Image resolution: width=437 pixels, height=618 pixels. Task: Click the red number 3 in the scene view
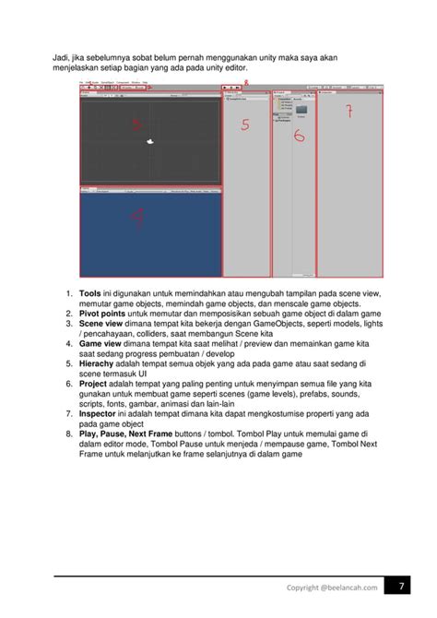click(136, 125)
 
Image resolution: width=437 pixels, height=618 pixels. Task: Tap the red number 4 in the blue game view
click(136, 218)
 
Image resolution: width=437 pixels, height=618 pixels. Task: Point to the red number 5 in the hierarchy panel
click(245, 125)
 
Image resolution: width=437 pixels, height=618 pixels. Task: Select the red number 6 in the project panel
click(299, 135)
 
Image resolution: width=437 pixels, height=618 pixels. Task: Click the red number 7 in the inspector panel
click(348, 113)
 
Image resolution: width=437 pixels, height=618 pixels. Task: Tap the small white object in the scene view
click(150, 142)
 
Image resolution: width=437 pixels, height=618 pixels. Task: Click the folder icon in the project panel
click(301, 109)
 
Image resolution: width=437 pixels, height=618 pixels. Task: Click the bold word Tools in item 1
click(89, 294)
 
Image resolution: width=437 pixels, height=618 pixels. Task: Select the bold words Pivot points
click(101, 315)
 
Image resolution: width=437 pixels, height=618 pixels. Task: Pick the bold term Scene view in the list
click(100, 325)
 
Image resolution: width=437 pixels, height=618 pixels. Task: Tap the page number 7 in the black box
click(403, 588)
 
